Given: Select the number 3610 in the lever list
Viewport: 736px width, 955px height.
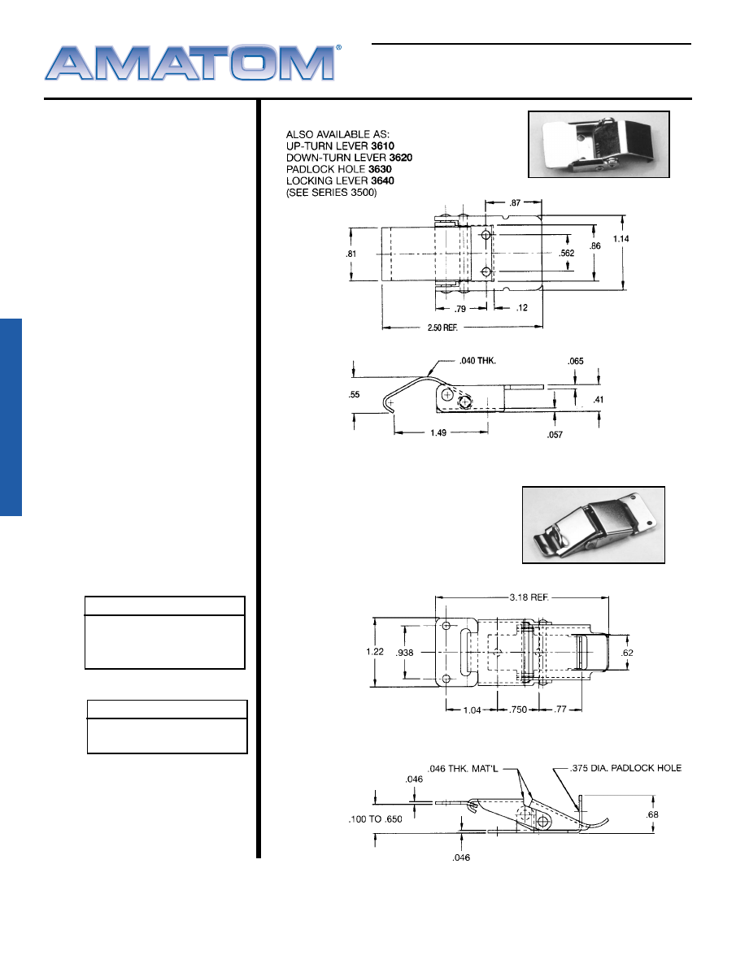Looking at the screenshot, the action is click(382, 146).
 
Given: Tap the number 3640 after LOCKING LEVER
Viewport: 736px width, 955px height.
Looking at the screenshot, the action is click(382, 181).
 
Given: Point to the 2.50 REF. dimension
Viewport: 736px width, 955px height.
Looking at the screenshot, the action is click(442, 328).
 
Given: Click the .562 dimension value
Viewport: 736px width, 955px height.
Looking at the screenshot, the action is click(567, 254).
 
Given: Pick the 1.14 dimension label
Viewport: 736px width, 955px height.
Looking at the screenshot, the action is click(621, 239).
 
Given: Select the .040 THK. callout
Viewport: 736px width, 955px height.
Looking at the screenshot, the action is click(477, 361).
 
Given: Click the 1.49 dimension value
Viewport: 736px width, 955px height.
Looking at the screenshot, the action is click(438, 433).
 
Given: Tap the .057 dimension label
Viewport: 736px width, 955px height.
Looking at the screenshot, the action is click(555, 435).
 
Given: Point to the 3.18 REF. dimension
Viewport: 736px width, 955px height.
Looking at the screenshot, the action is click(529, 597).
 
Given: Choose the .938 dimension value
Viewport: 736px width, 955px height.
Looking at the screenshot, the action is click(404, 653).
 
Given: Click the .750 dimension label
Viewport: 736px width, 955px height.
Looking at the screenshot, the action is click(518, 710).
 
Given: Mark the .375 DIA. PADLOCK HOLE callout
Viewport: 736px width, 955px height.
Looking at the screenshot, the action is click(625, 768).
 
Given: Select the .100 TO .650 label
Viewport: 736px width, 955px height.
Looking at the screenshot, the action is click(375, 819).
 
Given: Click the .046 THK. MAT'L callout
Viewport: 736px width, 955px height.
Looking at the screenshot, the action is click(463, 769).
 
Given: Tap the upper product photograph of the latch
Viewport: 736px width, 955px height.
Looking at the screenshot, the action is click(599, 145).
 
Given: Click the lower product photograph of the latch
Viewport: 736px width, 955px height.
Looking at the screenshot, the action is click(594, 525).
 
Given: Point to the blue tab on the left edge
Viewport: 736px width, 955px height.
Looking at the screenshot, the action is click(11, 417).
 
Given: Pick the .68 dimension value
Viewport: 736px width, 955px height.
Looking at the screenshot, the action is click(652, 815).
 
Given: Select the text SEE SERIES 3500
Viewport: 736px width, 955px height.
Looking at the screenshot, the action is click(332, 193).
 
